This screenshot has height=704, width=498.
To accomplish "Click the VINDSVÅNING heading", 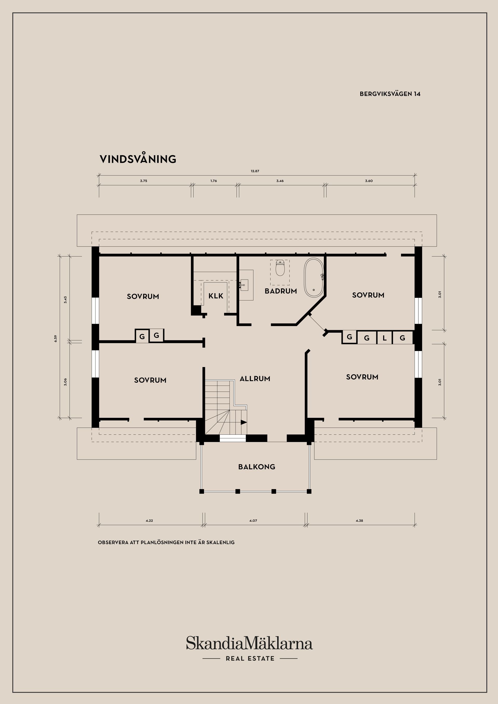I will [138, 159].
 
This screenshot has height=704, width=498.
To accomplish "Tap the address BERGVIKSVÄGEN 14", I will [390, 94].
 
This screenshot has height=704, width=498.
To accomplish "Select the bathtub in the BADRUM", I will [314, 278].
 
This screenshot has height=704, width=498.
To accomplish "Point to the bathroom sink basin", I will [244, 285].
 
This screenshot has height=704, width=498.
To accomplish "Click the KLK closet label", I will [216, 296].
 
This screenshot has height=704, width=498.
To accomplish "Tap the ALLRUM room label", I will [255, 379].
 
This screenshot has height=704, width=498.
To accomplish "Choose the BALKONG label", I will [257, 467].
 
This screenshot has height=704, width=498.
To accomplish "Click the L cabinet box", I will [384, 338].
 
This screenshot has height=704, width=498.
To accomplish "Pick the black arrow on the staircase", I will [244, 422].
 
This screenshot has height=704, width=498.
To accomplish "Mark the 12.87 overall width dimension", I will [255, 171].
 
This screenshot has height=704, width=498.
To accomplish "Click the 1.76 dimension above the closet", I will [213, 181].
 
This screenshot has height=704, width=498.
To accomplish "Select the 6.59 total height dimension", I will [56, 339].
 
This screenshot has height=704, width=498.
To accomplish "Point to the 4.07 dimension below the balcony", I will [253, 521].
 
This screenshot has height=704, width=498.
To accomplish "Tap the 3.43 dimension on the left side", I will [65, 300].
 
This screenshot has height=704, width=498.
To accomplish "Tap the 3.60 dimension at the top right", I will [369, 181].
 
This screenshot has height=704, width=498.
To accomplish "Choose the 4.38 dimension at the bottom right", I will [359, 521].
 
